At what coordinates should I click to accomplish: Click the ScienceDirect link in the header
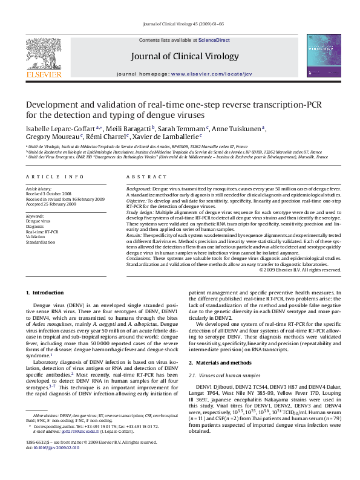coord(214,40)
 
